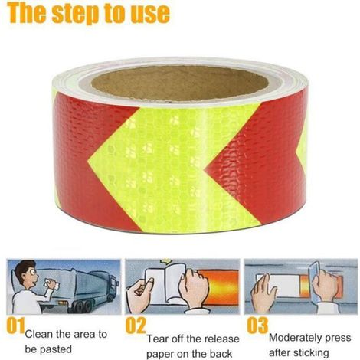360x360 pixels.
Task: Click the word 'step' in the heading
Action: point(76,13)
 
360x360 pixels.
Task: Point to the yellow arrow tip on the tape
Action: point(89,162)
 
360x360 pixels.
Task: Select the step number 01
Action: point(16,326)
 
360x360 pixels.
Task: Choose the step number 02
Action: point(136,326)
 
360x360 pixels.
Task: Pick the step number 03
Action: point(257,326)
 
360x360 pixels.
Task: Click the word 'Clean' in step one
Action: point(38,334)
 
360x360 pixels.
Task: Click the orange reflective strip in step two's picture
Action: point(220,287)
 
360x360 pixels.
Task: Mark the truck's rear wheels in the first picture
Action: point(83,306)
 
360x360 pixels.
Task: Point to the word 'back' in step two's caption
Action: point(221,354)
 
